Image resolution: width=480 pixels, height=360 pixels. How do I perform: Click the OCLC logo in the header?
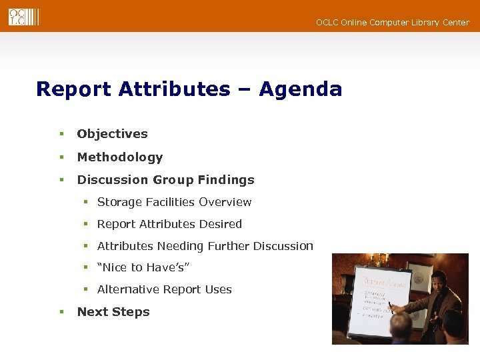pos(23,17)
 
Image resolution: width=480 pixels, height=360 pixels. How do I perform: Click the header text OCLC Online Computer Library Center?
pos(393,23)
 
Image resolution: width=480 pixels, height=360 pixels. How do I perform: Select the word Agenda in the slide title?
pos(300,89)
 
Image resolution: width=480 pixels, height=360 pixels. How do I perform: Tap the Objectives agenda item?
pos(112,134)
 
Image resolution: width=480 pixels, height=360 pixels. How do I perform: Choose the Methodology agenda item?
pos(120,157)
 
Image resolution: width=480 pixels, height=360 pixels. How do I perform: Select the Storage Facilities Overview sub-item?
pos(174,202)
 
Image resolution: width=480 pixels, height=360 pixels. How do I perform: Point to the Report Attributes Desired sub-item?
pos(169,224)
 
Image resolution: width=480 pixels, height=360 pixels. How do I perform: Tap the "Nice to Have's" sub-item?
pos(143,267)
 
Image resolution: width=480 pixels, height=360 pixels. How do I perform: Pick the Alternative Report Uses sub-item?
pos(164,289)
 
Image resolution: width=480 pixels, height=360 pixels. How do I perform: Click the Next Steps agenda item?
pos(113,312)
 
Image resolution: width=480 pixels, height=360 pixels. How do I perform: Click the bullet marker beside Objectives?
pos(61,134)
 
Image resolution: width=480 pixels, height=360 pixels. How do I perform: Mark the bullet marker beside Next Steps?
pos(61,312)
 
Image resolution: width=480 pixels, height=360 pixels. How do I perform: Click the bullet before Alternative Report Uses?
pos(86,289)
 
